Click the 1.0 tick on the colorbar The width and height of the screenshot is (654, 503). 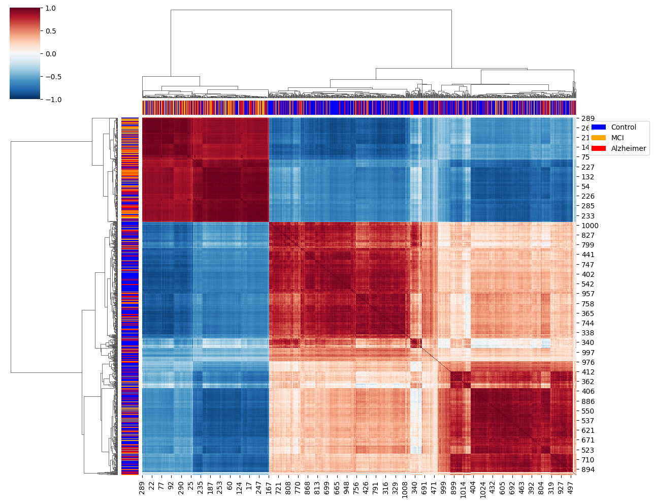[x=50, y=8]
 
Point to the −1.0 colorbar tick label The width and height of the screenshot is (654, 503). [x=50, y=100]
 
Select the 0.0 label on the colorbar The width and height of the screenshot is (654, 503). [x=50, y=54]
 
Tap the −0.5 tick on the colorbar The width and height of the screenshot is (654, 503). [x=50, y=77]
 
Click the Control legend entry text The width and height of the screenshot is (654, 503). [x=624, y=127]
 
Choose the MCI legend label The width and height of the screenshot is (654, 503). [x=617, y=138]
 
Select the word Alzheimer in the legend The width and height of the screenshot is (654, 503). [x=629, y=148]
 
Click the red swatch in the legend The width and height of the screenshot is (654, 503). [x=599, y=148]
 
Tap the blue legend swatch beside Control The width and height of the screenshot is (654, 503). [x=599, y=127]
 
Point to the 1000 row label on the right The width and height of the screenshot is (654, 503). [x=590, y=226]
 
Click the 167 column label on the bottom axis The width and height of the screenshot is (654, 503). [x=269, y=488]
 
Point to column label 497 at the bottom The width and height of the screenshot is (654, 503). [x=570, y=488]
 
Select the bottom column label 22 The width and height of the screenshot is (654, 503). [x=152, y=486]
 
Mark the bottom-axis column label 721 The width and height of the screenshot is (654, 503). [x=278, y=488]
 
